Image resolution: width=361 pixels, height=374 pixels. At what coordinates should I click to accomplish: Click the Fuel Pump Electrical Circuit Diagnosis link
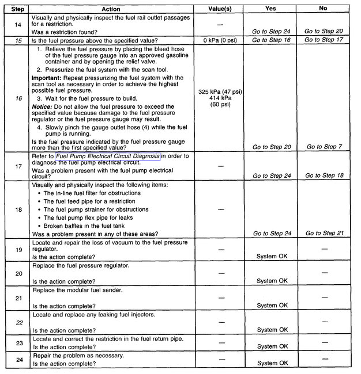pyautogui.click(x=108, y=155)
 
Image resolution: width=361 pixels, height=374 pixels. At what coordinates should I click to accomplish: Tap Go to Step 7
pyautogui.click(x=324, y=147)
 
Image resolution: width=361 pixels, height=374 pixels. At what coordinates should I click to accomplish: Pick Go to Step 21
pyautogui.click(x=324, y=233)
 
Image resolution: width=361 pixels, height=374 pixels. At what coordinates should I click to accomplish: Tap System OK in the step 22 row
pyautogui.click(x=272, y=330)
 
